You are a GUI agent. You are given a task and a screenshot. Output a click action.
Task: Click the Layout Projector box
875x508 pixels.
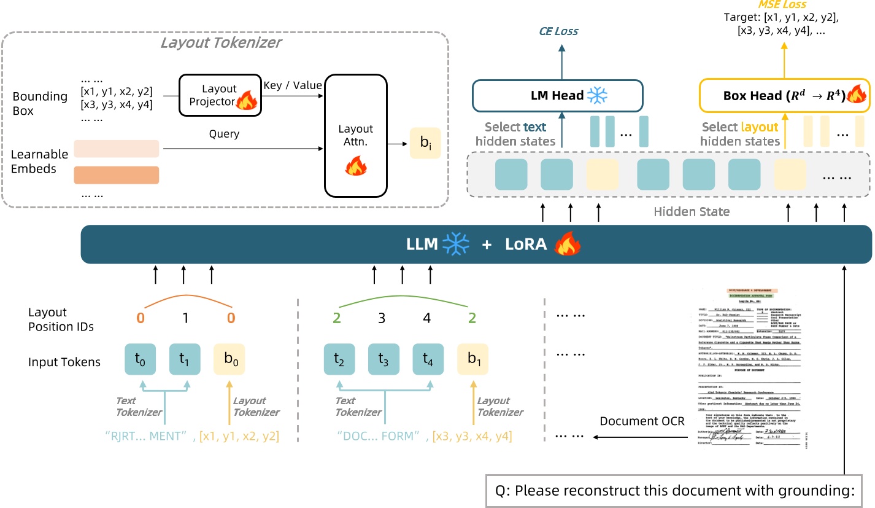click(x=220, y=95)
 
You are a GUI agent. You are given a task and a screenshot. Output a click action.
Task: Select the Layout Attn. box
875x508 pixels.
click(x=356, y=136)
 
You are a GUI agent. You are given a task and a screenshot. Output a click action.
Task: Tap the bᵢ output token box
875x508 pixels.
click(x=425, y=143)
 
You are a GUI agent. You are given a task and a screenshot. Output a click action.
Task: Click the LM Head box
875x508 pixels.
click(x=557, y=95)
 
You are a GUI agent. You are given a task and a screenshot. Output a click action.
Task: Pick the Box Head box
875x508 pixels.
click(x=785, y=95)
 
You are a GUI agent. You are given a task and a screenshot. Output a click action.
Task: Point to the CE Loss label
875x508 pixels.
click(x=558, y=31)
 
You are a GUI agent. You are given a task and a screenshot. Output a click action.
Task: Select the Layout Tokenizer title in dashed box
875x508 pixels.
click(x=221, y=42)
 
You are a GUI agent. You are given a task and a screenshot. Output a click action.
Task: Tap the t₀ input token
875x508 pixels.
click(x=141, y=359)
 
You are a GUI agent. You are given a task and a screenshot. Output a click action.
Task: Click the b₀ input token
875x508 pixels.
click(x=229, y=359)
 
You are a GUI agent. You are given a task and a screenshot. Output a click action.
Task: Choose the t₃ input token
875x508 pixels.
click(x=384, y=359)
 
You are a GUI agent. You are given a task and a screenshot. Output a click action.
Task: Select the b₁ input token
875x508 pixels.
click(x=473, y=359)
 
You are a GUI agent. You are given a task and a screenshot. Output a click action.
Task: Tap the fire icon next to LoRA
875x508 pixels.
click(x=567, y=244)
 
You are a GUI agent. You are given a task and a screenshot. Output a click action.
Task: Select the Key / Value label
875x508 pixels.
click(x=292, y=85)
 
